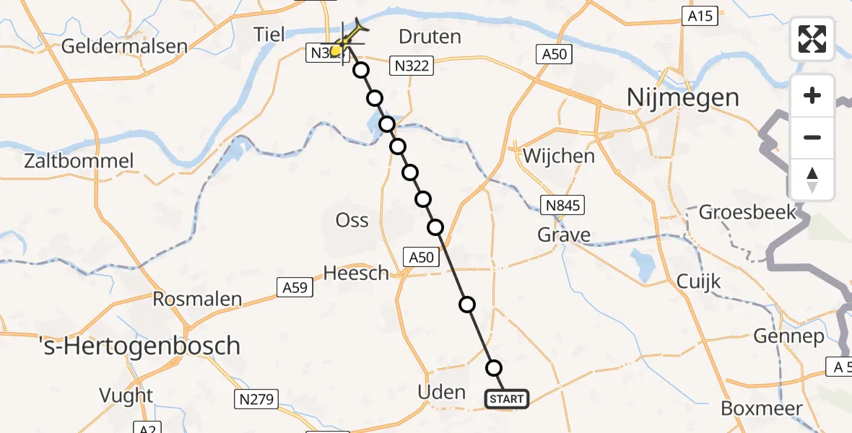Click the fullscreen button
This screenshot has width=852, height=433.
[x=812, y=38]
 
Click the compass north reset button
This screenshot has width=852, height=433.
[x=812, y=180]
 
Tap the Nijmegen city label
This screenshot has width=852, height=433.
[x=684, y=97]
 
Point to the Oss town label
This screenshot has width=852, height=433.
[x=352, y=220]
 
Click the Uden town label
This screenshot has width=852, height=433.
[x=442, y=392]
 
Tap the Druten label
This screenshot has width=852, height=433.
[x=430, y=37]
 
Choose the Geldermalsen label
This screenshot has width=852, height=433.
[x=125, y=46]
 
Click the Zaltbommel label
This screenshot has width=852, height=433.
[x=79, y=160]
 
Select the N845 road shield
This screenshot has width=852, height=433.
[x=564, y=206]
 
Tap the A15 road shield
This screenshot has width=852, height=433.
[x=700, y=16]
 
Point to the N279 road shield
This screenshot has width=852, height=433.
[x=256, y=398]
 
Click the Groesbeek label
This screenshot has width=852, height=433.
[x=747, y=212]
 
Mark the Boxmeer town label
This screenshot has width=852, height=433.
[x=762, y=408]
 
